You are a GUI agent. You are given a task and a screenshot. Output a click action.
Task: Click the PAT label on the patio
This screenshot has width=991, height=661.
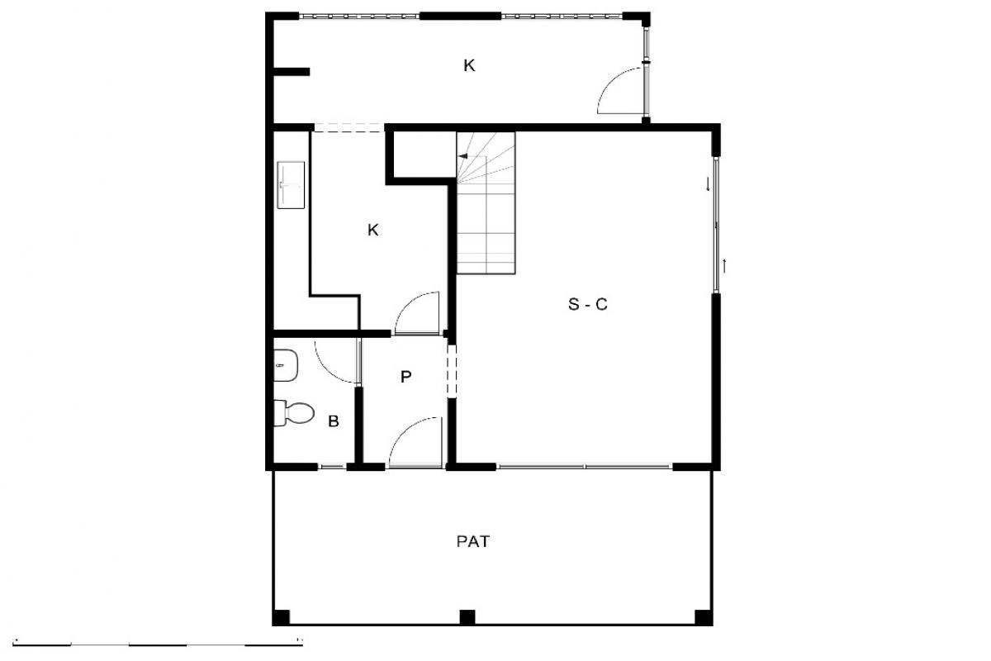[x=472, y=541]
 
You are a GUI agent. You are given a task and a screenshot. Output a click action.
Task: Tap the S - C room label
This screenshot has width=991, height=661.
[x=587, y=305]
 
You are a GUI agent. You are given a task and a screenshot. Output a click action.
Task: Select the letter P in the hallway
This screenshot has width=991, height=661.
[x=405, y=377]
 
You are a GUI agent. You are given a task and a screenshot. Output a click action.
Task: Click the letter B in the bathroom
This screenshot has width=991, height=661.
[x=334, y=421]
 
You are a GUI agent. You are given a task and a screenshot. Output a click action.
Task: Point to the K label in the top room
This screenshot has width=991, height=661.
[x=469, y=65]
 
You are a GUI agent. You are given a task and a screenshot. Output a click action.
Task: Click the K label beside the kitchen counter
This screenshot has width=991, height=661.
[x=373, y=231]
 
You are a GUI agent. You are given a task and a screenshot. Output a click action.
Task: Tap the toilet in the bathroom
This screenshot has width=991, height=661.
[x=294, y=413]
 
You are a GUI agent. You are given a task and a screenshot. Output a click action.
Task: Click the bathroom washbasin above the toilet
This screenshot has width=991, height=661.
[x=286, y=365]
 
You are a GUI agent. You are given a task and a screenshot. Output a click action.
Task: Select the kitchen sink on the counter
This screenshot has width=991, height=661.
[x=291, y=185]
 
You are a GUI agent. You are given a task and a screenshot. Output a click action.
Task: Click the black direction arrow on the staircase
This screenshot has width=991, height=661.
[x=463, y=156]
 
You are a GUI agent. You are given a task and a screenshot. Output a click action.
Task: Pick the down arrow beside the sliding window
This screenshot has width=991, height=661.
[x=708, y=184]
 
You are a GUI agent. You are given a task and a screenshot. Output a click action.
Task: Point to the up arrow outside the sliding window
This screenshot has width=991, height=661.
[x=724, y=266]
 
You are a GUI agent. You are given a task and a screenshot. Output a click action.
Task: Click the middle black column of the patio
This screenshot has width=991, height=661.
[x=467, y=617]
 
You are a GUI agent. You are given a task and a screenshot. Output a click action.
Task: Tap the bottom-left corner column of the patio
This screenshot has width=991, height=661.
[x=281, y=617]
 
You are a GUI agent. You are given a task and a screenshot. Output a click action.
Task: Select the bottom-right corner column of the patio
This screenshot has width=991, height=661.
[x=704, y=617]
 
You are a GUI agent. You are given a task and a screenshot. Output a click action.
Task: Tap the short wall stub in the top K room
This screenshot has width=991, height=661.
[x=292, y=72]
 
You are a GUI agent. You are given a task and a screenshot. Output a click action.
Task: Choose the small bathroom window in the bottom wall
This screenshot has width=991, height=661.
[x=332, y=466]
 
